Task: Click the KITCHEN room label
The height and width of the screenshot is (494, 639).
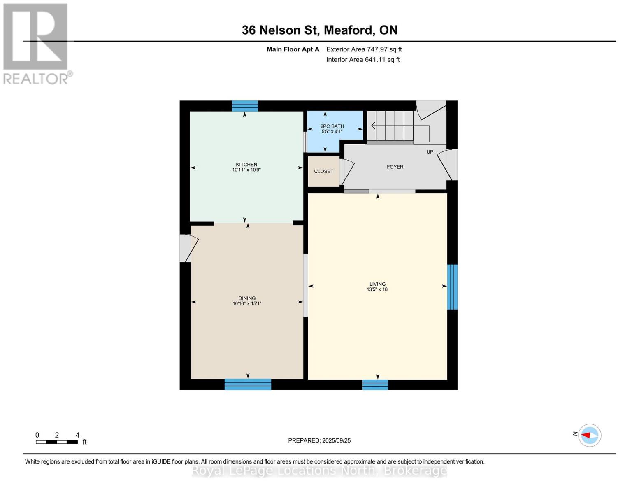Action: [246, 165]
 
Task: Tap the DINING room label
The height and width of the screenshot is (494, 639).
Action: [247, 298]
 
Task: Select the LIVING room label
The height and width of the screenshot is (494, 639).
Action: [377, 284]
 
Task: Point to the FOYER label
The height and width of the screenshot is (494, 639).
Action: [395, 167]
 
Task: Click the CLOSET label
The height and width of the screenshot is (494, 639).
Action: [323, 171]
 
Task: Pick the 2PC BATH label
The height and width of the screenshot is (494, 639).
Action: [332, 126]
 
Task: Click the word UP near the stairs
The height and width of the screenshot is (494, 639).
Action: [430, 152]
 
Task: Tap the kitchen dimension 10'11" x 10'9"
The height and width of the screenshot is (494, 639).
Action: [246, 170]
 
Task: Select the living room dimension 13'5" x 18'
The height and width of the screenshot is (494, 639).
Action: [377, 289]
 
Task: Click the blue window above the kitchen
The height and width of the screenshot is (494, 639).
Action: [245, 106]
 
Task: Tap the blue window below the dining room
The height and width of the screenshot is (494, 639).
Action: [248, 384]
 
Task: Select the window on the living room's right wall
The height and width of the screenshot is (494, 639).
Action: [452, 287]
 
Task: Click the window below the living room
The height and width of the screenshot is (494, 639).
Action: [375, 385]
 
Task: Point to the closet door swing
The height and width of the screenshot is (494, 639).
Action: [347, 172]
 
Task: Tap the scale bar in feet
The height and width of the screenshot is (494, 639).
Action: [57, 442]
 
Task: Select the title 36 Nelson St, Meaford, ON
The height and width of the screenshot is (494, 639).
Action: [320, 30]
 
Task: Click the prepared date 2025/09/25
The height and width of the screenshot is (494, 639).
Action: [336, 440]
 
